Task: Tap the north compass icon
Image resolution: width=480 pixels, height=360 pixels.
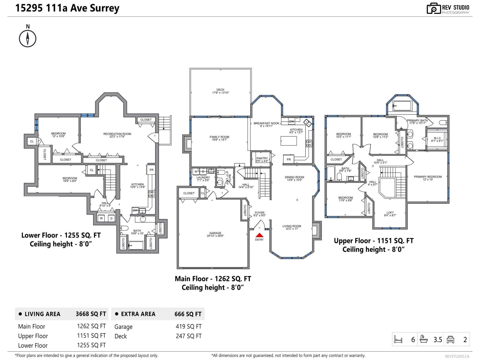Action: point(28,38)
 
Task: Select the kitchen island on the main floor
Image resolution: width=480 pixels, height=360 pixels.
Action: point(288,141)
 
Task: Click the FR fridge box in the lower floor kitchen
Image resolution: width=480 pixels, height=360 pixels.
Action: point(151,170)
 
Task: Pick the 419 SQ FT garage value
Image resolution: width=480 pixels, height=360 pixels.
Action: point(188,326)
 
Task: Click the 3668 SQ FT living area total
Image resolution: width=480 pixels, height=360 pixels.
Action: point(91,314)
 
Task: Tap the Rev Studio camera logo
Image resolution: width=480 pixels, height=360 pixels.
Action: point(433,9)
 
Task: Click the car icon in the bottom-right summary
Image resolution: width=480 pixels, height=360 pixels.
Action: point(450,339)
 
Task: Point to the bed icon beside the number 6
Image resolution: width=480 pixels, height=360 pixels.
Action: point(398,340)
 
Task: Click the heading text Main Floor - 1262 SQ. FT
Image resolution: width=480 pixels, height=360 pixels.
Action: point(213,279)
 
